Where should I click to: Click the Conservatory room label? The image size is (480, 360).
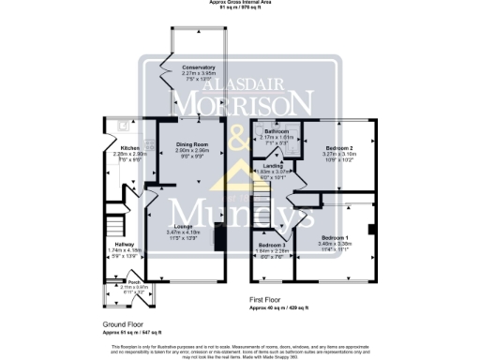tap(199, 68)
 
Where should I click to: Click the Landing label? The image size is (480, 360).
tap(273, 165)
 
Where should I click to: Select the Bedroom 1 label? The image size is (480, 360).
tap(335, 237)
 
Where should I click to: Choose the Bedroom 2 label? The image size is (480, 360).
tap(338, 148)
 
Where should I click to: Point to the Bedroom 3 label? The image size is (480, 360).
tap(272, 245)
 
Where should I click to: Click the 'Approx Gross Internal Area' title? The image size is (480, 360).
tap(240, 3)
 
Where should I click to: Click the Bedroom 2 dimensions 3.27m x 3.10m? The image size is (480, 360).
tap(338, 155)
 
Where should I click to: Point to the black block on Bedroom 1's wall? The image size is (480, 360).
tap(373, 229)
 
